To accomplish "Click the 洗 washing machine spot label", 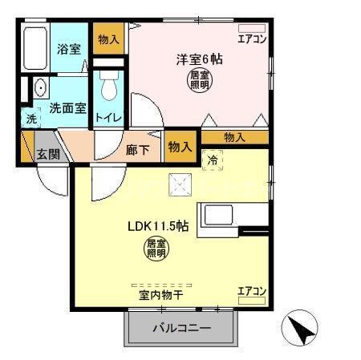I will coord(31,119).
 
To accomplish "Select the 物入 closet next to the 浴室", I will coord(109,39).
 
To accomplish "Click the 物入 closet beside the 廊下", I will coord(180,147).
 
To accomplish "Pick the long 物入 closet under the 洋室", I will coord(234,137).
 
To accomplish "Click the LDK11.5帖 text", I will coord(157,227).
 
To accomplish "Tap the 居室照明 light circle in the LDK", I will coord(157,249).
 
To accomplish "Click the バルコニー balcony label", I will coord(181,329).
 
